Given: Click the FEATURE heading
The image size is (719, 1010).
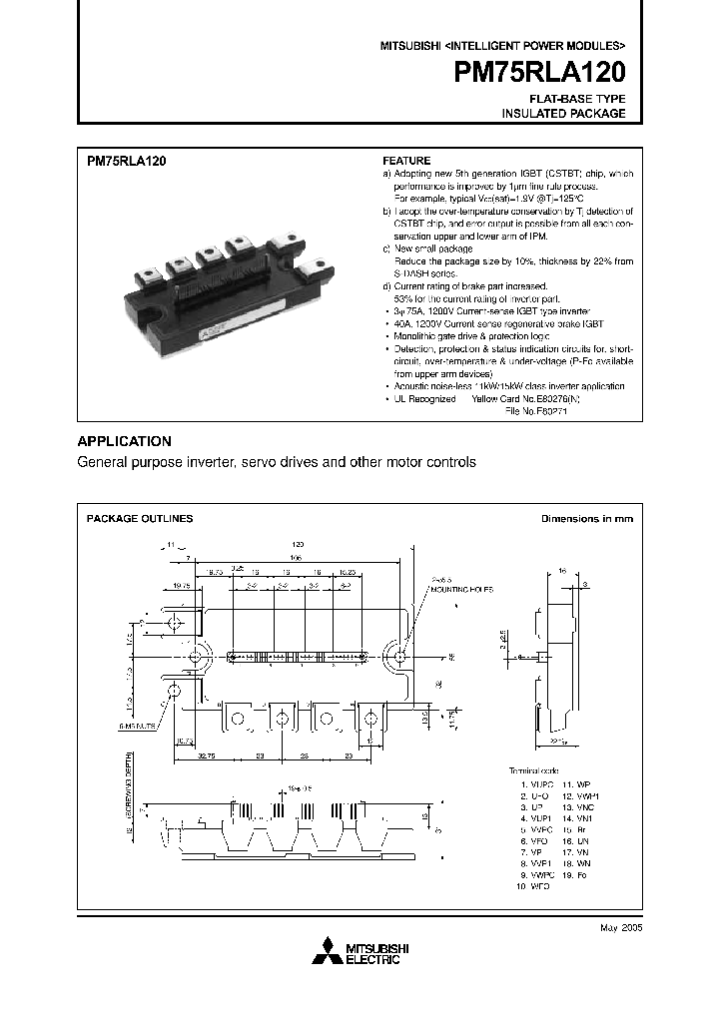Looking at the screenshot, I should point(406,160).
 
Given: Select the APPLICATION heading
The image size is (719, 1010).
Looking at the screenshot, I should point(125,441).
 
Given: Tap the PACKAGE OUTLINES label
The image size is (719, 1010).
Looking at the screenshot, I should point(140,518).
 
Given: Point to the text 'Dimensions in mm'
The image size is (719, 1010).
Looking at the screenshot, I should point(587,518).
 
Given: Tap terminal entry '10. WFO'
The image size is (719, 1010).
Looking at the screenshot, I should point(535,885).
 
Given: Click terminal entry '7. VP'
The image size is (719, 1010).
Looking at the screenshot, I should point(531,852).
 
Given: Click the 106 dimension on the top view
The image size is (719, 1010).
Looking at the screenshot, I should point(296,558).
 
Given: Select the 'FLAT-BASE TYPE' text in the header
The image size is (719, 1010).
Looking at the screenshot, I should point(577,99).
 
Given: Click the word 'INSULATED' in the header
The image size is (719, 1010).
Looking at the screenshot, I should point(534,114).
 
